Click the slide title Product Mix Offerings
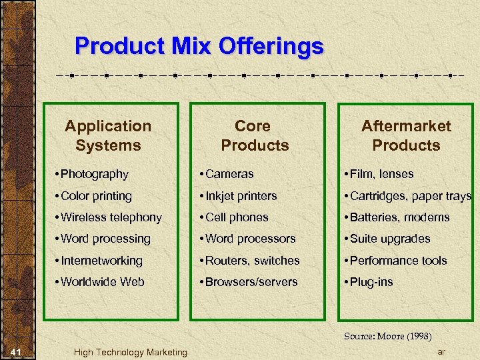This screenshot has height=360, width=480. point(199,47)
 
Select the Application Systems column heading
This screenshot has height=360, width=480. point(108,135)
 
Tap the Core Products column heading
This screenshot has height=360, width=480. point(254,135)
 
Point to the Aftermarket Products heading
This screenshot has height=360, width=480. point(406,135)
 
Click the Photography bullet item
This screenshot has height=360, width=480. point(94,174)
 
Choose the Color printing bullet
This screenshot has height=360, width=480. point(96,196)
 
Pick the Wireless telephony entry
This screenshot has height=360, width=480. point(111,217)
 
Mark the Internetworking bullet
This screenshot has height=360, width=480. point(101,261)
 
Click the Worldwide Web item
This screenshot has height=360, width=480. point(102,282)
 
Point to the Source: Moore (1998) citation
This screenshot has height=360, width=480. point(388,336)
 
